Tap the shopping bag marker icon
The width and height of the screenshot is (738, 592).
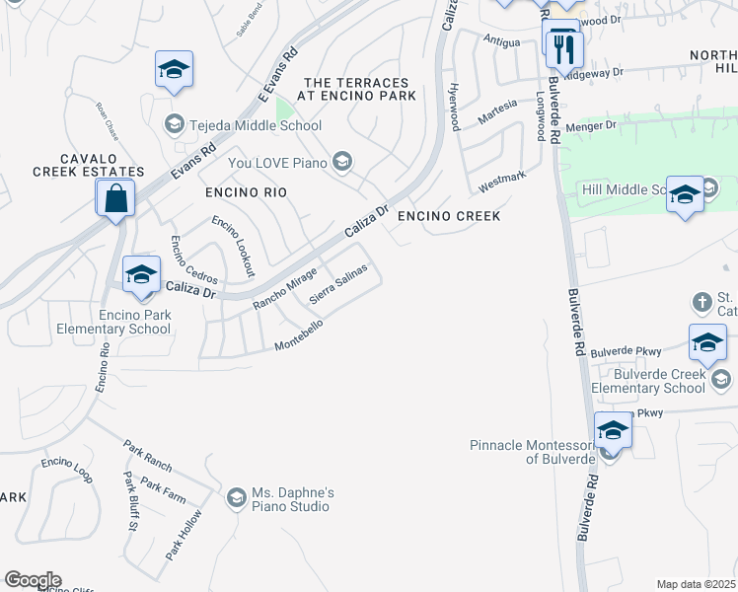tap(115, 197)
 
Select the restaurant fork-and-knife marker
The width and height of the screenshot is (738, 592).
tap(564, 49)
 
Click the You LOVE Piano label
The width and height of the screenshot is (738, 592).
tap(279, 162)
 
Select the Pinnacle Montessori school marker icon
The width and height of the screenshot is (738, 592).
tap(613, 431)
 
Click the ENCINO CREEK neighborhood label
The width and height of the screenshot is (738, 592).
tap(449, 215)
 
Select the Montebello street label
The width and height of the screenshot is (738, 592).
tap(299, 335)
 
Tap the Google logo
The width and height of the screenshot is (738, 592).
tap(33, 580)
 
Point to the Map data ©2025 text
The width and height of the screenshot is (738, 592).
tap(697, 584)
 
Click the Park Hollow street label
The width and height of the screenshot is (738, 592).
tap(184, 534)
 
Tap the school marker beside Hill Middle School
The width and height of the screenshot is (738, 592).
tap(684, 194)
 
